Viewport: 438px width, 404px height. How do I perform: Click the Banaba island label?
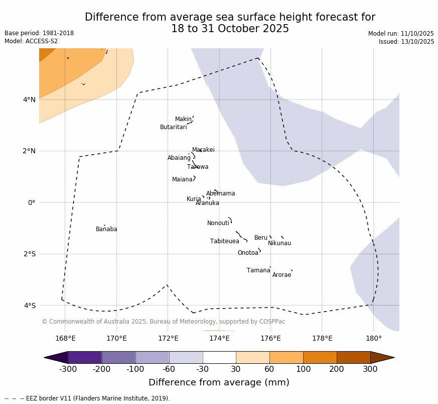coord(106,230)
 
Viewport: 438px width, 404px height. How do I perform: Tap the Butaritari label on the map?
coord(173,128)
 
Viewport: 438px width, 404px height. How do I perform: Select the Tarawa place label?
coord(198,167)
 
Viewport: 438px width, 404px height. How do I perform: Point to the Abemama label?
coord(220,194)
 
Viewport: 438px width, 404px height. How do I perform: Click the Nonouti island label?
coord(218,224)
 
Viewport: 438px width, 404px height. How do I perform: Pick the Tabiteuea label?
coord(224,242)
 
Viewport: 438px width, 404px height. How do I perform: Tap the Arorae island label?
coord(281,275)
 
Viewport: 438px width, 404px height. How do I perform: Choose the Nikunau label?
coord(279,244)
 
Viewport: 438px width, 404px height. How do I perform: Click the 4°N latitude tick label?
coord(29,99)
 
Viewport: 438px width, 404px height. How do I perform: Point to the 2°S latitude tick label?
coord(29,254)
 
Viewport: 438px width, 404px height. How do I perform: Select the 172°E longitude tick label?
coord(168,338)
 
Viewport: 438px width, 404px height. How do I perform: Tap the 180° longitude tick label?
coord(373,338)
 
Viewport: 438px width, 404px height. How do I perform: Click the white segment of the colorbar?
coord(219,357)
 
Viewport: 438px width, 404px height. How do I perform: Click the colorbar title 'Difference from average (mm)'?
coord(219,383)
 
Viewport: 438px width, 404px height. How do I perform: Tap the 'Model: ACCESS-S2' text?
coord(31,41)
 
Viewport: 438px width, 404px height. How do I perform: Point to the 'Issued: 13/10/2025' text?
coord(406,42)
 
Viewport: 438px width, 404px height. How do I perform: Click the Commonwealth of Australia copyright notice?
coord(163,322)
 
